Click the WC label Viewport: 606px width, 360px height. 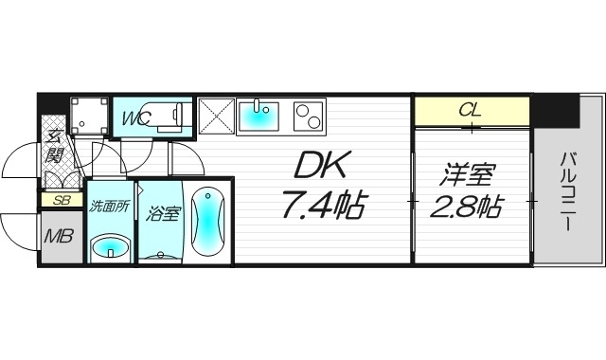point(134,118)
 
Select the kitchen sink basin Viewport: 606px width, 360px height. point(257,117)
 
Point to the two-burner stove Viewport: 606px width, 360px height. point(308,116)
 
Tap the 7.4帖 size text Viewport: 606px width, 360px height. point(323,205)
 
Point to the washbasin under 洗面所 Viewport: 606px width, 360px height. point(109,248)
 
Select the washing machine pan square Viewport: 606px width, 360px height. point(92,117)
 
